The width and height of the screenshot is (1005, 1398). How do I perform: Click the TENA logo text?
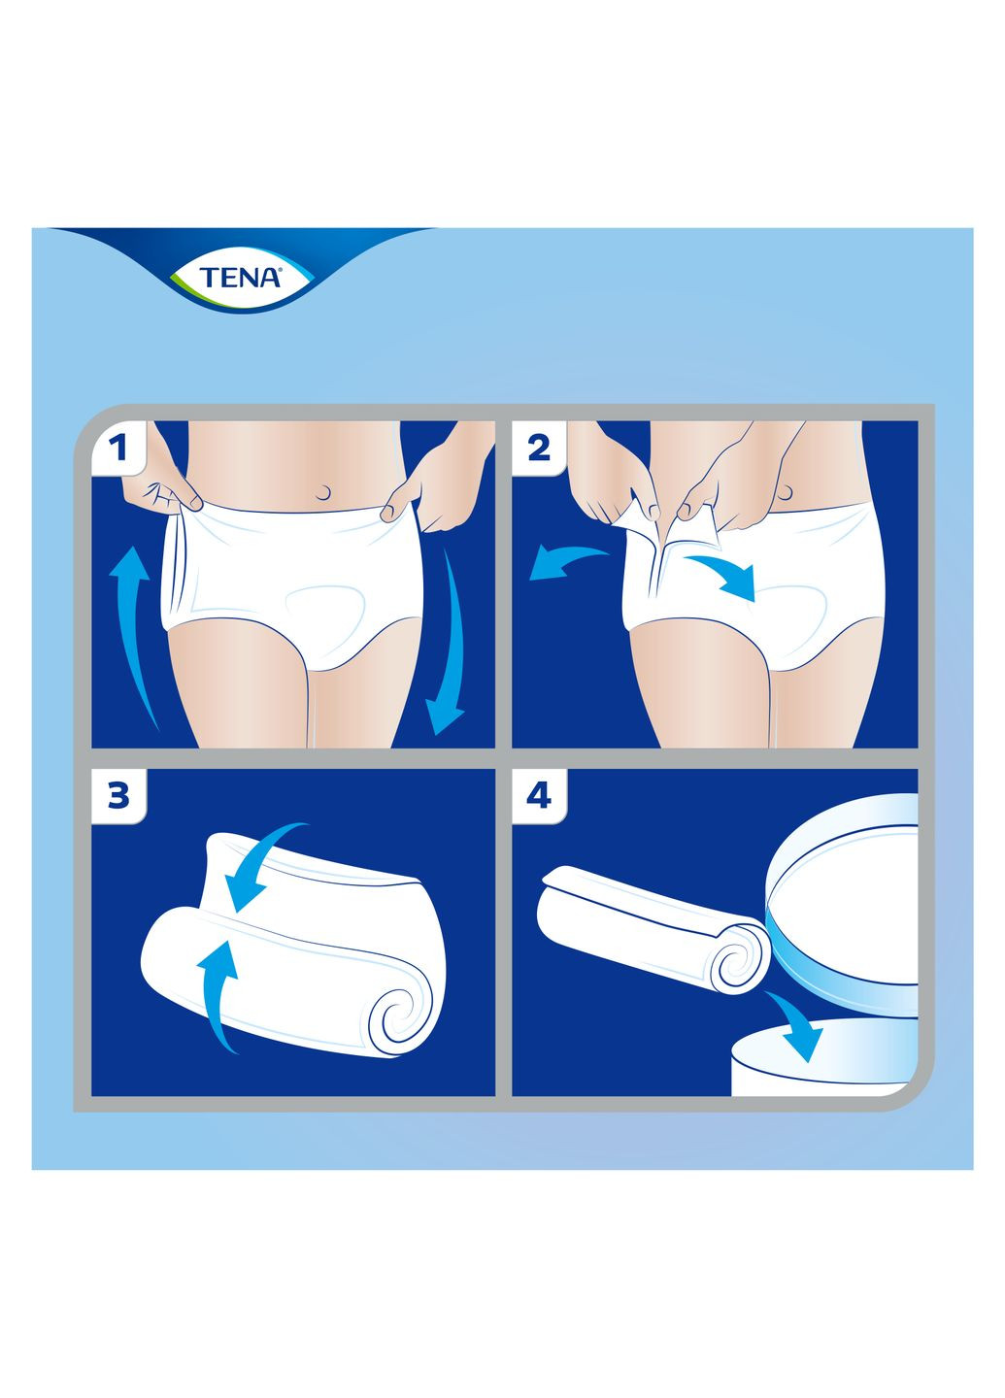point(240,278)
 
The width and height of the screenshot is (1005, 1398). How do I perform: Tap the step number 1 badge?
point(118,448)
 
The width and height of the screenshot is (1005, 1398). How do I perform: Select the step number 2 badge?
point(538,448)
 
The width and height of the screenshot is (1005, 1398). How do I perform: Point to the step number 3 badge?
point(118,796)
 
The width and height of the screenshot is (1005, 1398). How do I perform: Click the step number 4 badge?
point(538,796)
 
